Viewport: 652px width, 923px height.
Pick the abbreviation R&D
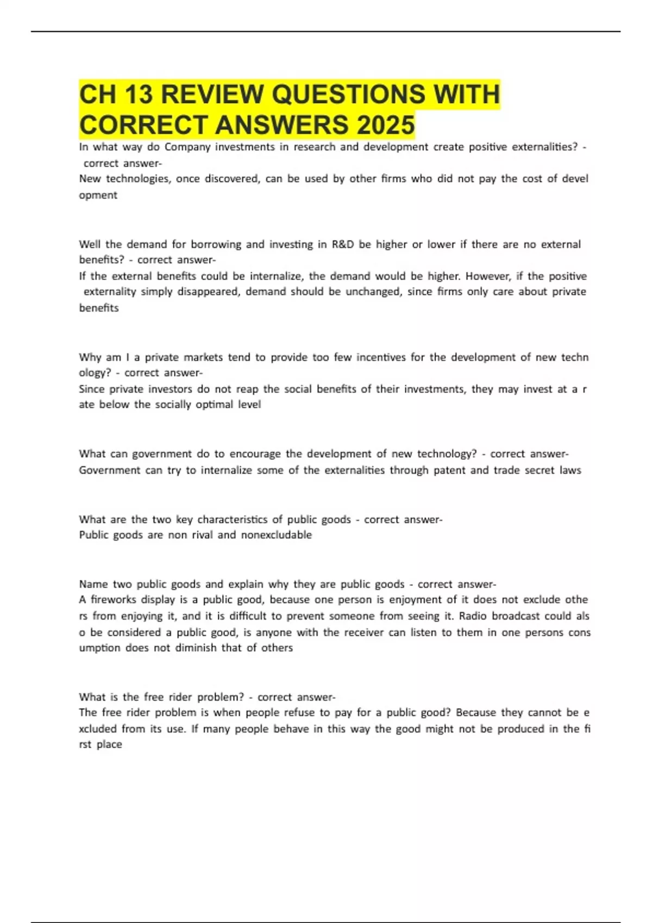point(342,244)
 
